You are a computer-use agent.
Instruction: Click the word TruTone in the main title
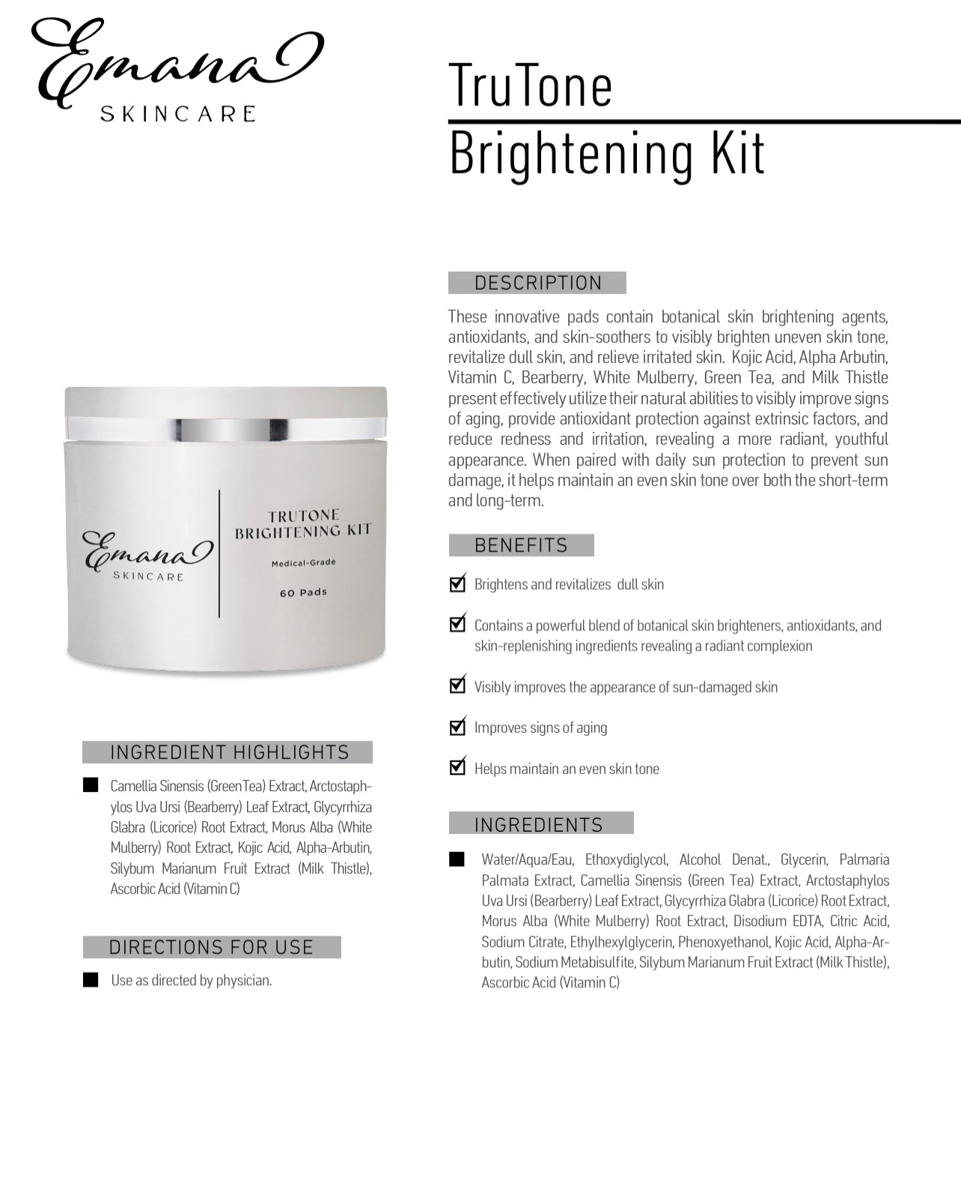click(x=530, y=85)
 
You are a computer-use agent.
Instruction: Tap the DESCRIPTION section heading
click(x=537, y=283)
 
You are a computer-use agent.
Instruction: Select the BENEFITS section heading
click(x=521, y=545)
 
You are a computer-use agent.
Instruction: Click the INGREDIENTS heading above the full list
click(x=539, y=824)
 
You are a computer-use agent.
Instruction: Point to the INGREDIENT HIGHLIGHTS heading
click(x=229, y=752)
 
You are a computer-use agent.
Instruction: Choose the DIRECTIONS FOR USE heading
click(x=211, y=947)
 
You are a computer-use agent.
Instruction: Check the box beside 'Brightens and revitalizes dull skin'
click(x=457, y=584)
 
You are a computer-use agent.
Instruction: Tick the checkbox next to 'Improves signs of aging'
click(x=457, y=727)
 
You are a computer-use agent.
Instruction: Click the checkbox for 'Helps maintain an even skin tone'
click(x=457, y=767)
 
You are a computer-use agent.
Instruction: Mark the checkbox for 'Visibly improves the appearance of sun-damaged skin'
click(x=457, y=686)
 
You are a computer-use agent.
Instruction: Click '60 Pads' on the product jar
click(x=303, y=592)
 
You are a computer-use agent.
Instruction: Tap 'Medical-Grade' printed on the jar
click(x=303, y=562)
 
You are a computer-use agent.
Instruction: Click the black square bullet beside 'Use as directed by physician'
click(x=91, y=980)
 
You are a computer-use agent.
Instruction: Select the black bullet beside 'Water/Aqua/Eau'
click(x=457, y=859)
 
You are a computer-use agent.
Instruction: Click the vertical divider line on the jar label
click(x=219, y=554)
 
